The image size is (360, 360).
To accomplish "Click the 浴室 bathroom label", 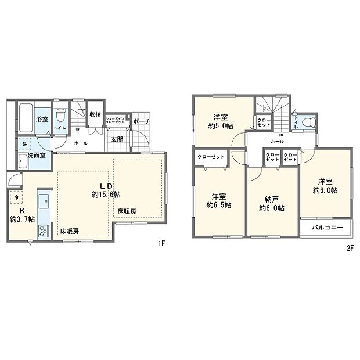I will (x=42, y=118).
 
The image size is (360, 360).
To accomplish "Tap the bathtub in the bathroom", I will (x=25, y=118).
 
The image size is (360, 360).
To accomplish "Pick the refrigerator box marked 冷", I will (x=16, y=197).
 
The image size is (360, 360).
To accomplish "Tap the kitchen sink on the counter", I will (x=44, y=204).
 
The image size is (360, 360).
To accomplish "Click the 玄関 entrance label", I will (x=117, y=139).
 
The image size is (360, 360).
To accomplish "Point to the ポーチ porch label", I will (x=141, y=121).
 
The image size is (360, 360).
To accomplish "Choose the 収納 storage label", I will (x=95, y=114).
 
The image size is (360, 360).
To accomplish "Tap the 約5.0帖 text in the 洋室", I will (x=220, y=124).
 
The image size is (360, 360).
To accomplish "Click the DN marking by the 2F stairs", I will (x=280, y=135).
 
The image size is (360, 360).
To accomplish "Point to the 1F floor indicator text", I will (x=162, y=243).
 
